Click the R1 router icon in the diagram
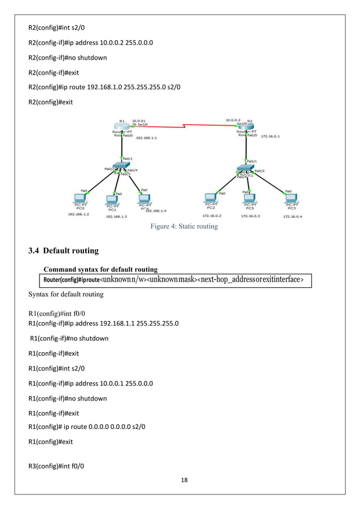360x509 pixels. pos(121,126)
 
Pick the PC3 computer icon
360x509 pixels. pos(291,200)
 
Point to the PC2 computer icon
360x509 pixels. pos(210,199)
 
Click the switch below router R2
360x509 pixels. pos(245,168)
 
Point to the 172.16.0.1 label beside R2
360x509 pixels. pos(271,136)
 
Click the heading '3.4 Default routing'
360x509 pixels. pos(64,251)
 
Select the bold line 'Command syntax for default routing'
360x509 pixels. pos(100,269)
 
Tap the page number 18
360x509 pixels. pos(181,480)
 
